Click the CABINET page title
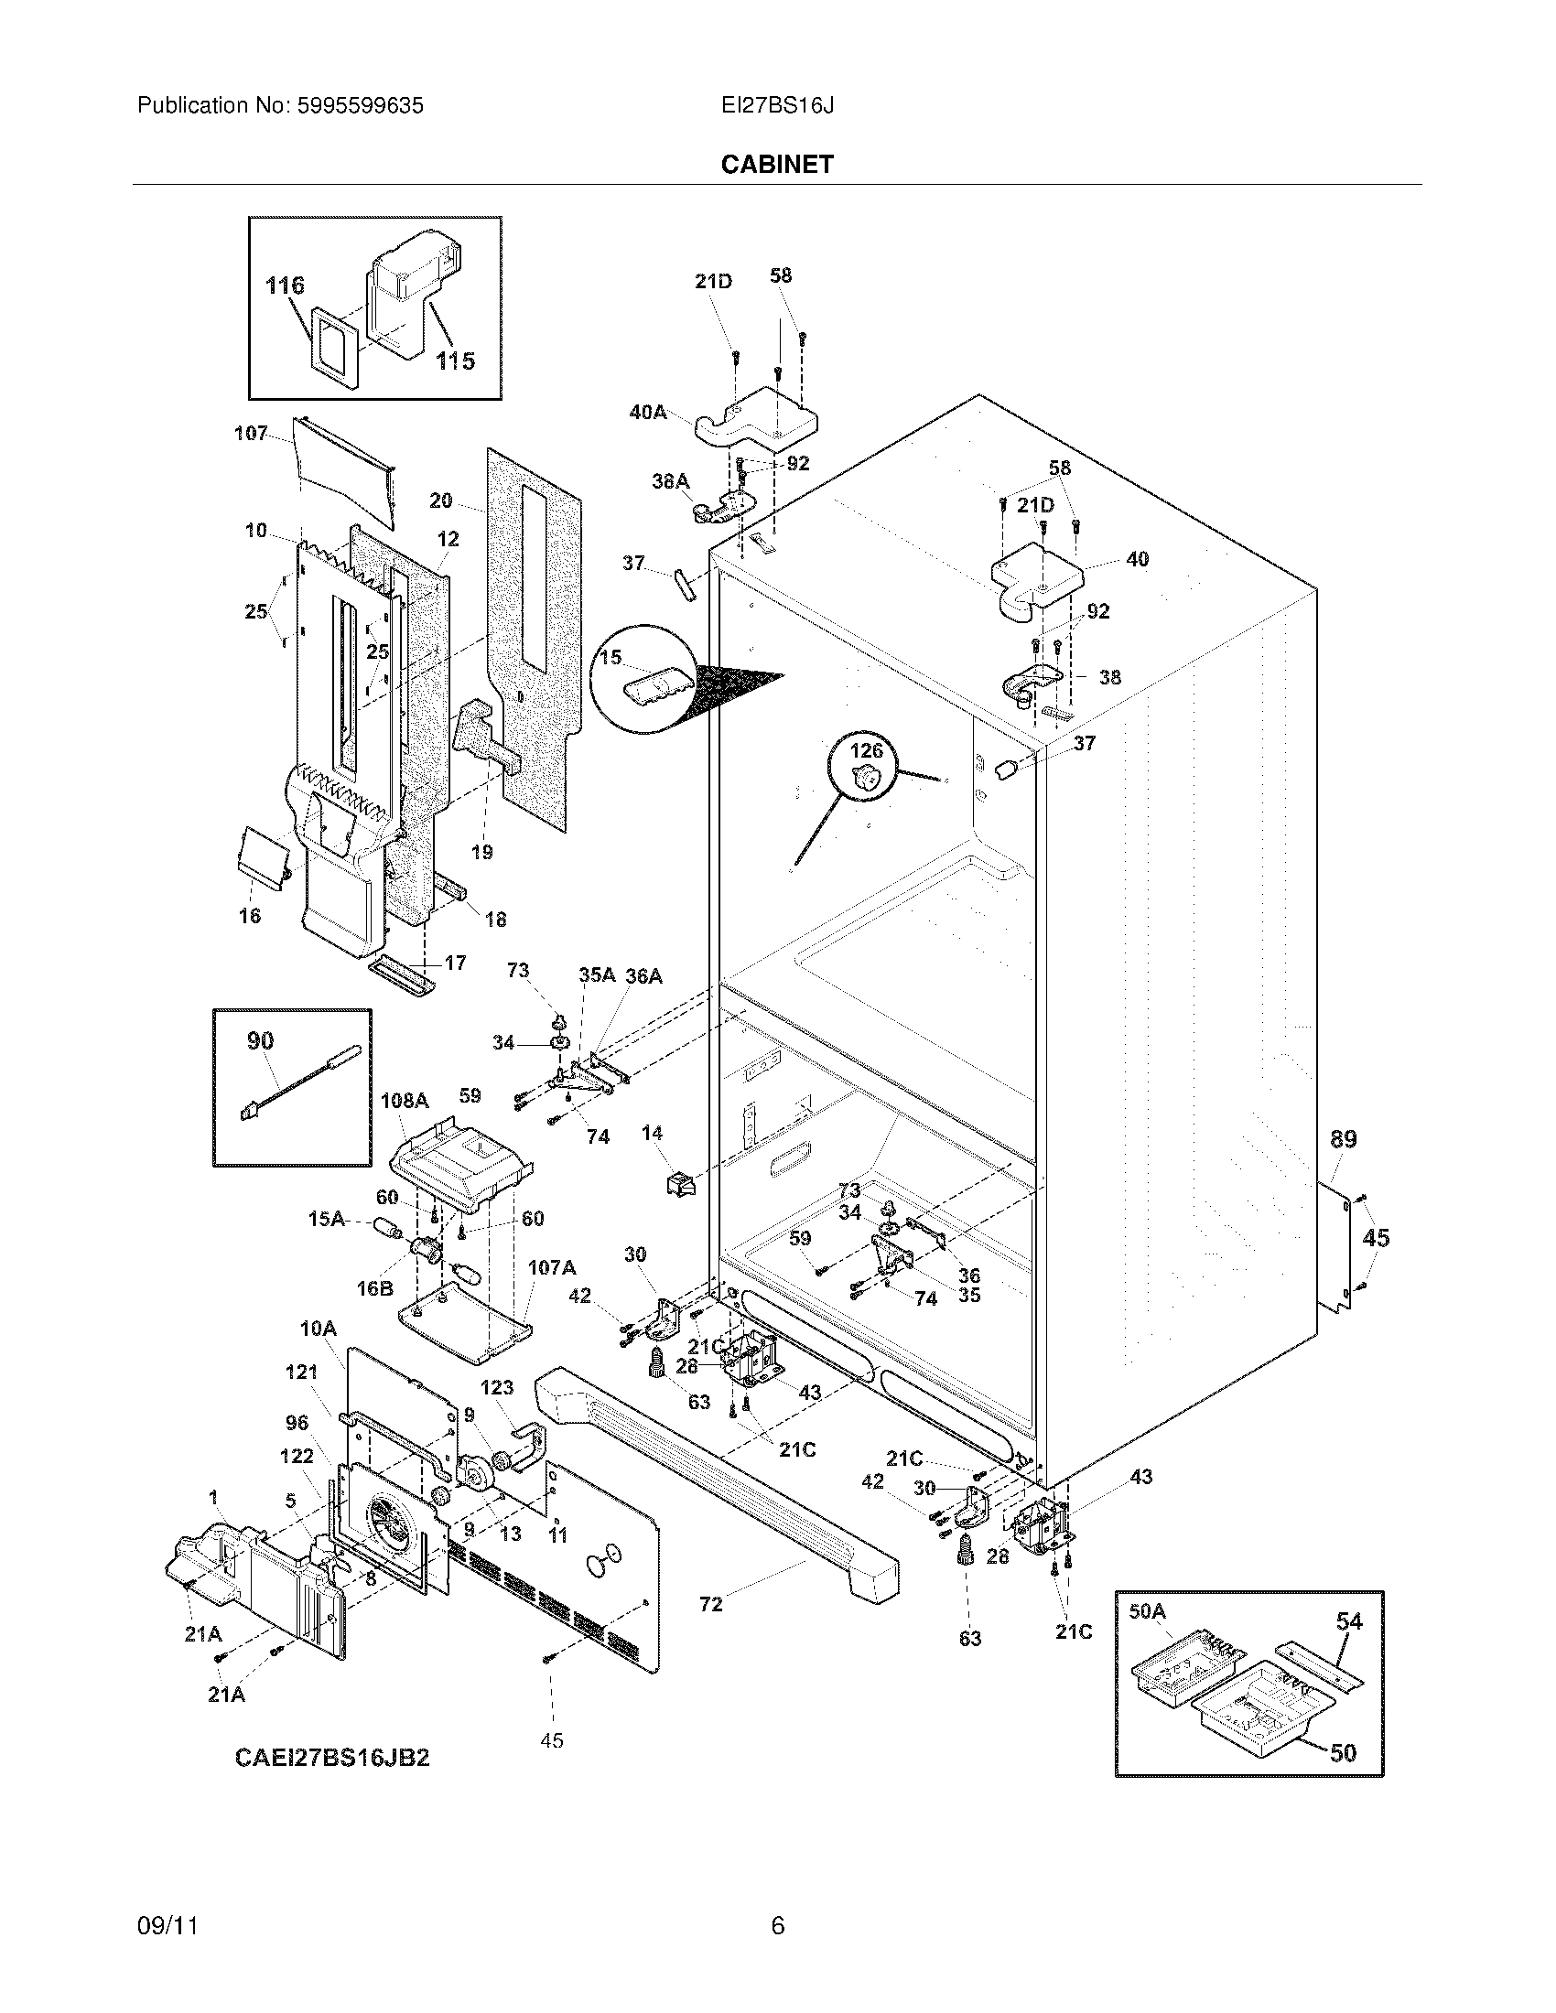pyautogui.click(x=776, y=164)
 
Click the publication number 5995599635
pyautogui.click(x=361, y=106)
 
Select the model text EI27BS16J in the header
pyautogui.click(x=777, y=106)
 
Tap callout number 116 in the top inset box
pyautogui.click(x=285, y=285)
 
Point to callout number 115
pyautogui.click(x=456, y=361)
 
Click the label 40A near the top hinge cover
pyautogui.click(x=647, y=412)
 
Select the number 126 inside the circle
pyautogui.click(x=866, y=750)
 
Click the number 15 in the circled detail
pyautogui.click(x=611, y=657)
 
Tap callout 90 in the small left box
pyautogui.click(x=260, y=1040)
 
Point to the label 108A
pyautogui.click(x=405, y=1101)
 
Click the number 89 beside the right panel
pyautogui.click(x=1343, y=1139)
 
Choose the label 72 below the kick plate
pyautogui.click(x=710, y=1605)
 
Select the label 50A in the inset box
pyautogui.click(x=1147, y=1611)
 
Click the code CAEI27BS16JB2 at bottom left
pyautogui.click(x=332, y=1758)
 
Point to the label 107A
pyautogui.click(x=551, y=1267)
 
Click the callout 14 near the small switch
pyautogui.click(x=653, y=1133)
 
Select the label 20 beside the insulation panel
pyautogui.click(x=440, y=501)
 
